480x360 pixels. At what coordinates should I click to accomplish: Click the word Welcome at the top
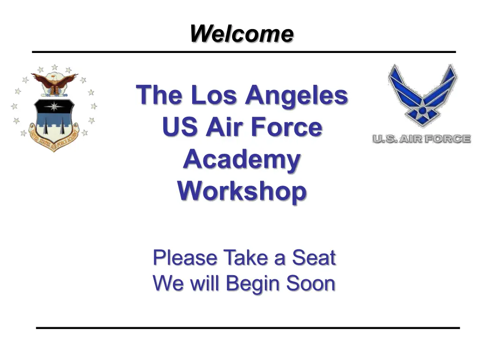(241, 33)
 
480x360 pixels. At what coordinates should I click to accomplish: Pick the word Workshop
(242, 192)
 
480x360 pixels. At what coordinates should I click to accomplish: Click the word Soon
(311, 283)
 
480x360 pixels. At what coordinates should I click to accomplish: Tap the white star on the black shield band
(54, 106)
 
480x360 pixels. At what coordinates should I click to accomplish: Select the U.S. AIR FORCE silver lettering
(421, 139)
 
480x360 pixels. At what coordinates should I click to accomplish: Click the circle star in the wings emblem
(422, 112)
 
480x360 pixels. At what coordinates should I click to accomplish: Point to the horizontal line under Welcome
(244, 52)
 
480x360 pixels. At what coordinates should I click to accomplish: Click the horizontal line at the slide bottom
(248, 328)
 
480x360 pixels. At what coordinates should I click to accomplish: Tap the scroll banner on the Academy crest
(54, 138)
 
